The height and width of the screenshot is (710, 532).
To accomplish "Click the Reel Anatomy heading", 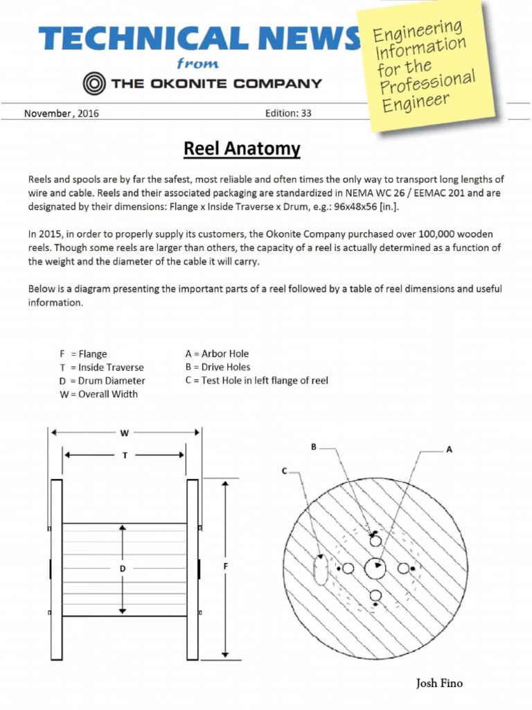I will (242, 148).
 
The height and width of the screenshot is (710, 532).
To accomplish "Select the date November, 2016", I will (62, 114).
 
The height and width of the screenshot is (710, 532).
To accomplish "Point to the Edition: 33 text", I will (288, 114).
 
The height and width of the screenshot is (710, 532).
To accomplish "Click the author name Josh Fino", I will (439, 684).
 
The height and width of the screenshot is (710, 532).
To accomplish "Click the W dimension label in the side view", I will (125, 433).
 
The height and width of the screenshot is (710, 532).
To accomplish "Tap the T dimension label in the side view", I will (125, 456).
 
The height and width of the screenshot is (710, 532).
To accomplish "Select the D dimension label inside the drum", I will (123, 569).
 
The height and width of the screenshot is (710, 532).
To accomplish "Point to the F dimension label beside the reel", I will (226, 567).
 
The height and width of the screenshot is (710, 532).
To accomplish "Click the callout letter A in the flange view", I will (449, 449).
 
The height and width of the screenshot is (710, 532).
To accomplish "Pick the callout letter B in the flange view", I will (314, 447).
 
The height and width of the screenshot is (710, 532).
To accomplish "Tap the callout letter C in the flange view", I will (284, 471).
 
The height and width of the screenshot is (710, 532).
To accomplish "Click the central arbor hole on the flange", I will (376, 567).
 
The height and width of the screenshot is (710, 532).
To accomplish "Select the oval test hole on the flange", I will (320, 570).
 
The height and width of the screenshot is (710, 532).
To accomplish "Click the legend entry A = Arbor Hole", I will (217, 354).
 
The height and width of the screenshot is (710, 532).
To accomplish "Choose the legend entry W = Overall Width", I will (99, 394).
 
